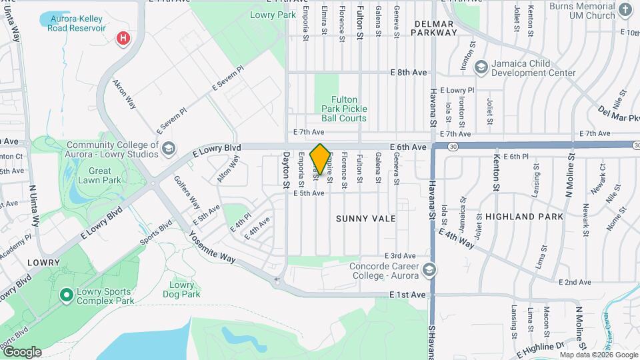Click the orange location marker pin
pos(321,159)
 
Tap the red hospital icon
pos(123,39)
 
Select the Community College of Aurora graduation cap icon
pos(169,148)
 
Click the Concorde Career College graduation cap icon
pos(430,269)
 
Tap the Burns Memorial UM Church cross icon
pos(625,9)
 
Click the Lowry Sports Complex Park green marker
pos(67,294)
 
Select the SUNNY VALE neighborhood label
pos(366,219)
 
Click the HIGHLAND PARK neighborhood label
pos(524,217)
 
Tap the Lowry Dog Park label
pos(181,289)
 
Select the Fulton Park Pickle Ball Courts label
pos(344,109)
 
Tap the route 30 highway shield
pos(453,147)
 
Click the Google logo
pos(22,351)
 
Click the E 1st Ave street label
pos(407,295)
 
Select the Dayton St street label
pos(286,168)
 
